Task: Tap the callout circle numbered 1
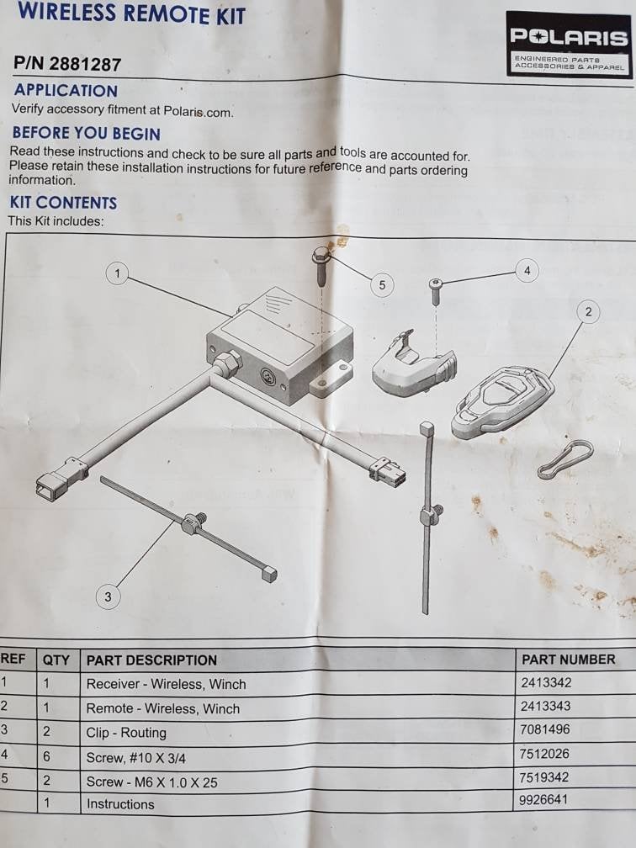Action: tap(118, 273)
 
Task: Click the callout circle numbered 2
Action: tap(588, 311)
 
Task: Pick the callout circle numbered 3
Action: tap(108, 596)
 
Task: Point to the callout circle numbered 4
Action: tap(527, 270)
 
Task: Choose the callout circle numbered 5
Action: tap(382, 285)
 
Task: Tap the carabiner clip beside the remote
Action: tap(565, 459)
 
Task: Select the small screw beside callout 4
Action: tap(436, 291)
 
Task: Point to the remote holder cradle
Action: tap(414, 364)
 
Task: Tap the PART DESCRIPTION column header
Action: tap(151, 660)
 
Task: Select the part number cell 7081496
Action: tap(544, 729)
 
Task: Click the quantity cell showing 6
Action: tap(46, 756)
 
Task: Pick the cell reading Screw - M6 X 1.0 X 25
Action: tap(152, 782)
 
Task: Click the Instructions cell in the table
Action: tap(120, 804)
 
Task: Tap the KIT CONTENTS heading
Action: tap(63, 203)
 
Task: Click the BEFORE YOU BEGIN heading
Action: tap(87, 133)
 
